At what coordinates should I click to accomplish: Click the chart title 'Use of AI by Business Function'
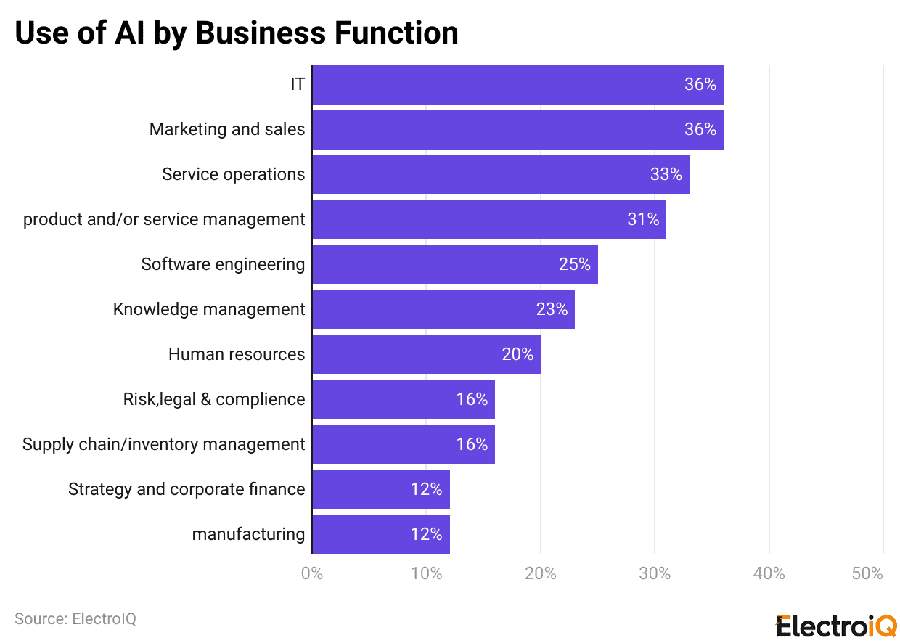237,33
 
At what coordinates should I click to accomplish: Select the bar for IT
518,85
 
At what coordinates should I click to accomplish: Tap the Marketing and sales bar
518,130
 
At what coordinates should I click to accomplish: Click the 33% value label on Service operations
666,175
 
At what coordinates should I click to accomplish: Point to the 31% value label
643,220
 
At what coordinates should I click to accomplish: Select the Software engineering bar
455,265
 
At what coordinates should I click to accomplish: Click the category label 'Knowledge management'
209,310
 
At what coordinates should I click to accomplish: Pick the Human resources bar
427,355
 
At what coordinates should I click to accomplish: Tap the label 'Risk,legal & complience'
214,400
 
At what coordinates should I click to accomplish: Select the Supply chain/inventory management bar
404,445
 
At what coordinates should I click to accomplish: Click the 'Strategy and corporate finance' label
187,490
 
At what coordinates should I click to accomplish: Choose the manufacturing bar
381,535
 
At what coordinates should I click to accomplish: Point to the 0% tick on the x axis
312,574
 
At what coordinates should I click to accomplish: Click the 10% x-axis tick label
426,574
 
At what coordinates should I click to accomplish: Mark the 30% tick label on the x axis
655,574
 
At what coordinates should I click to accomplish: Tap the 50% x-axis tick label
867,574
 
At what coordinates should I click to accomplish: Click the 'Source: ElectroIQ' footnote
75,619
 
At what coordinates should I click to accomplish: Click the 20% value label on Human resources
517,355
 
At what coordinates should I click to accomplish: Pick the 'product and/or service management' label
164,220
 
